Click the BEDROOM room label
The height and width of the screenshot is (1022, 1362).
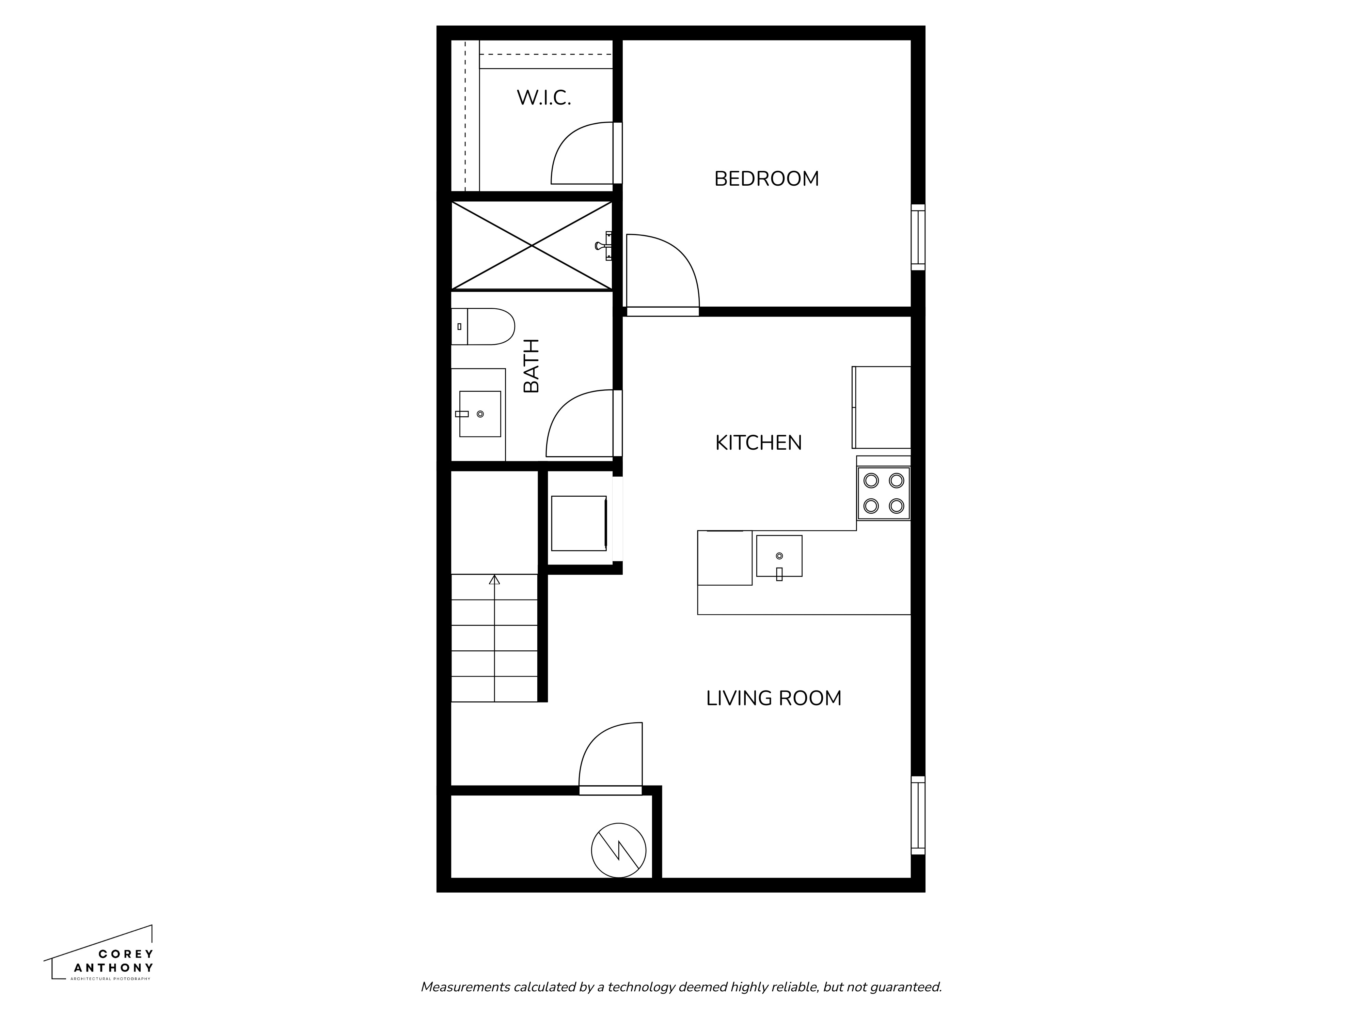766,179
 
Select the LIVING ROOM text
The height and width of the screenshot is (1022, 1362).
773,698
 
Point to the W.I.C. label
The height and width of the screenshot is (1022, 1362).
544,97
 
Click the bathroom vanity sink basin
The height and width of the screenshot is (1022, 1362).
480,414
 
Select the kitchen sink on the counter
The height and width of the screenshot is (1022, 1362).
779,556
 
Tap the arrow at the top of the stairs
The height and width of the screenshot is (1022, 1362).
494,580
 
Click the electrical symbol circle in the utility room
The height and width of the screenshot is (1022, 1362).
618,850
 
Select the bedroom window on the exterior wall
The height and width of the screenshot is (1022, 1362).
917,237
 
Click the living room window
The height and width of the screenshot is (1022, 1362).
917,815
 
